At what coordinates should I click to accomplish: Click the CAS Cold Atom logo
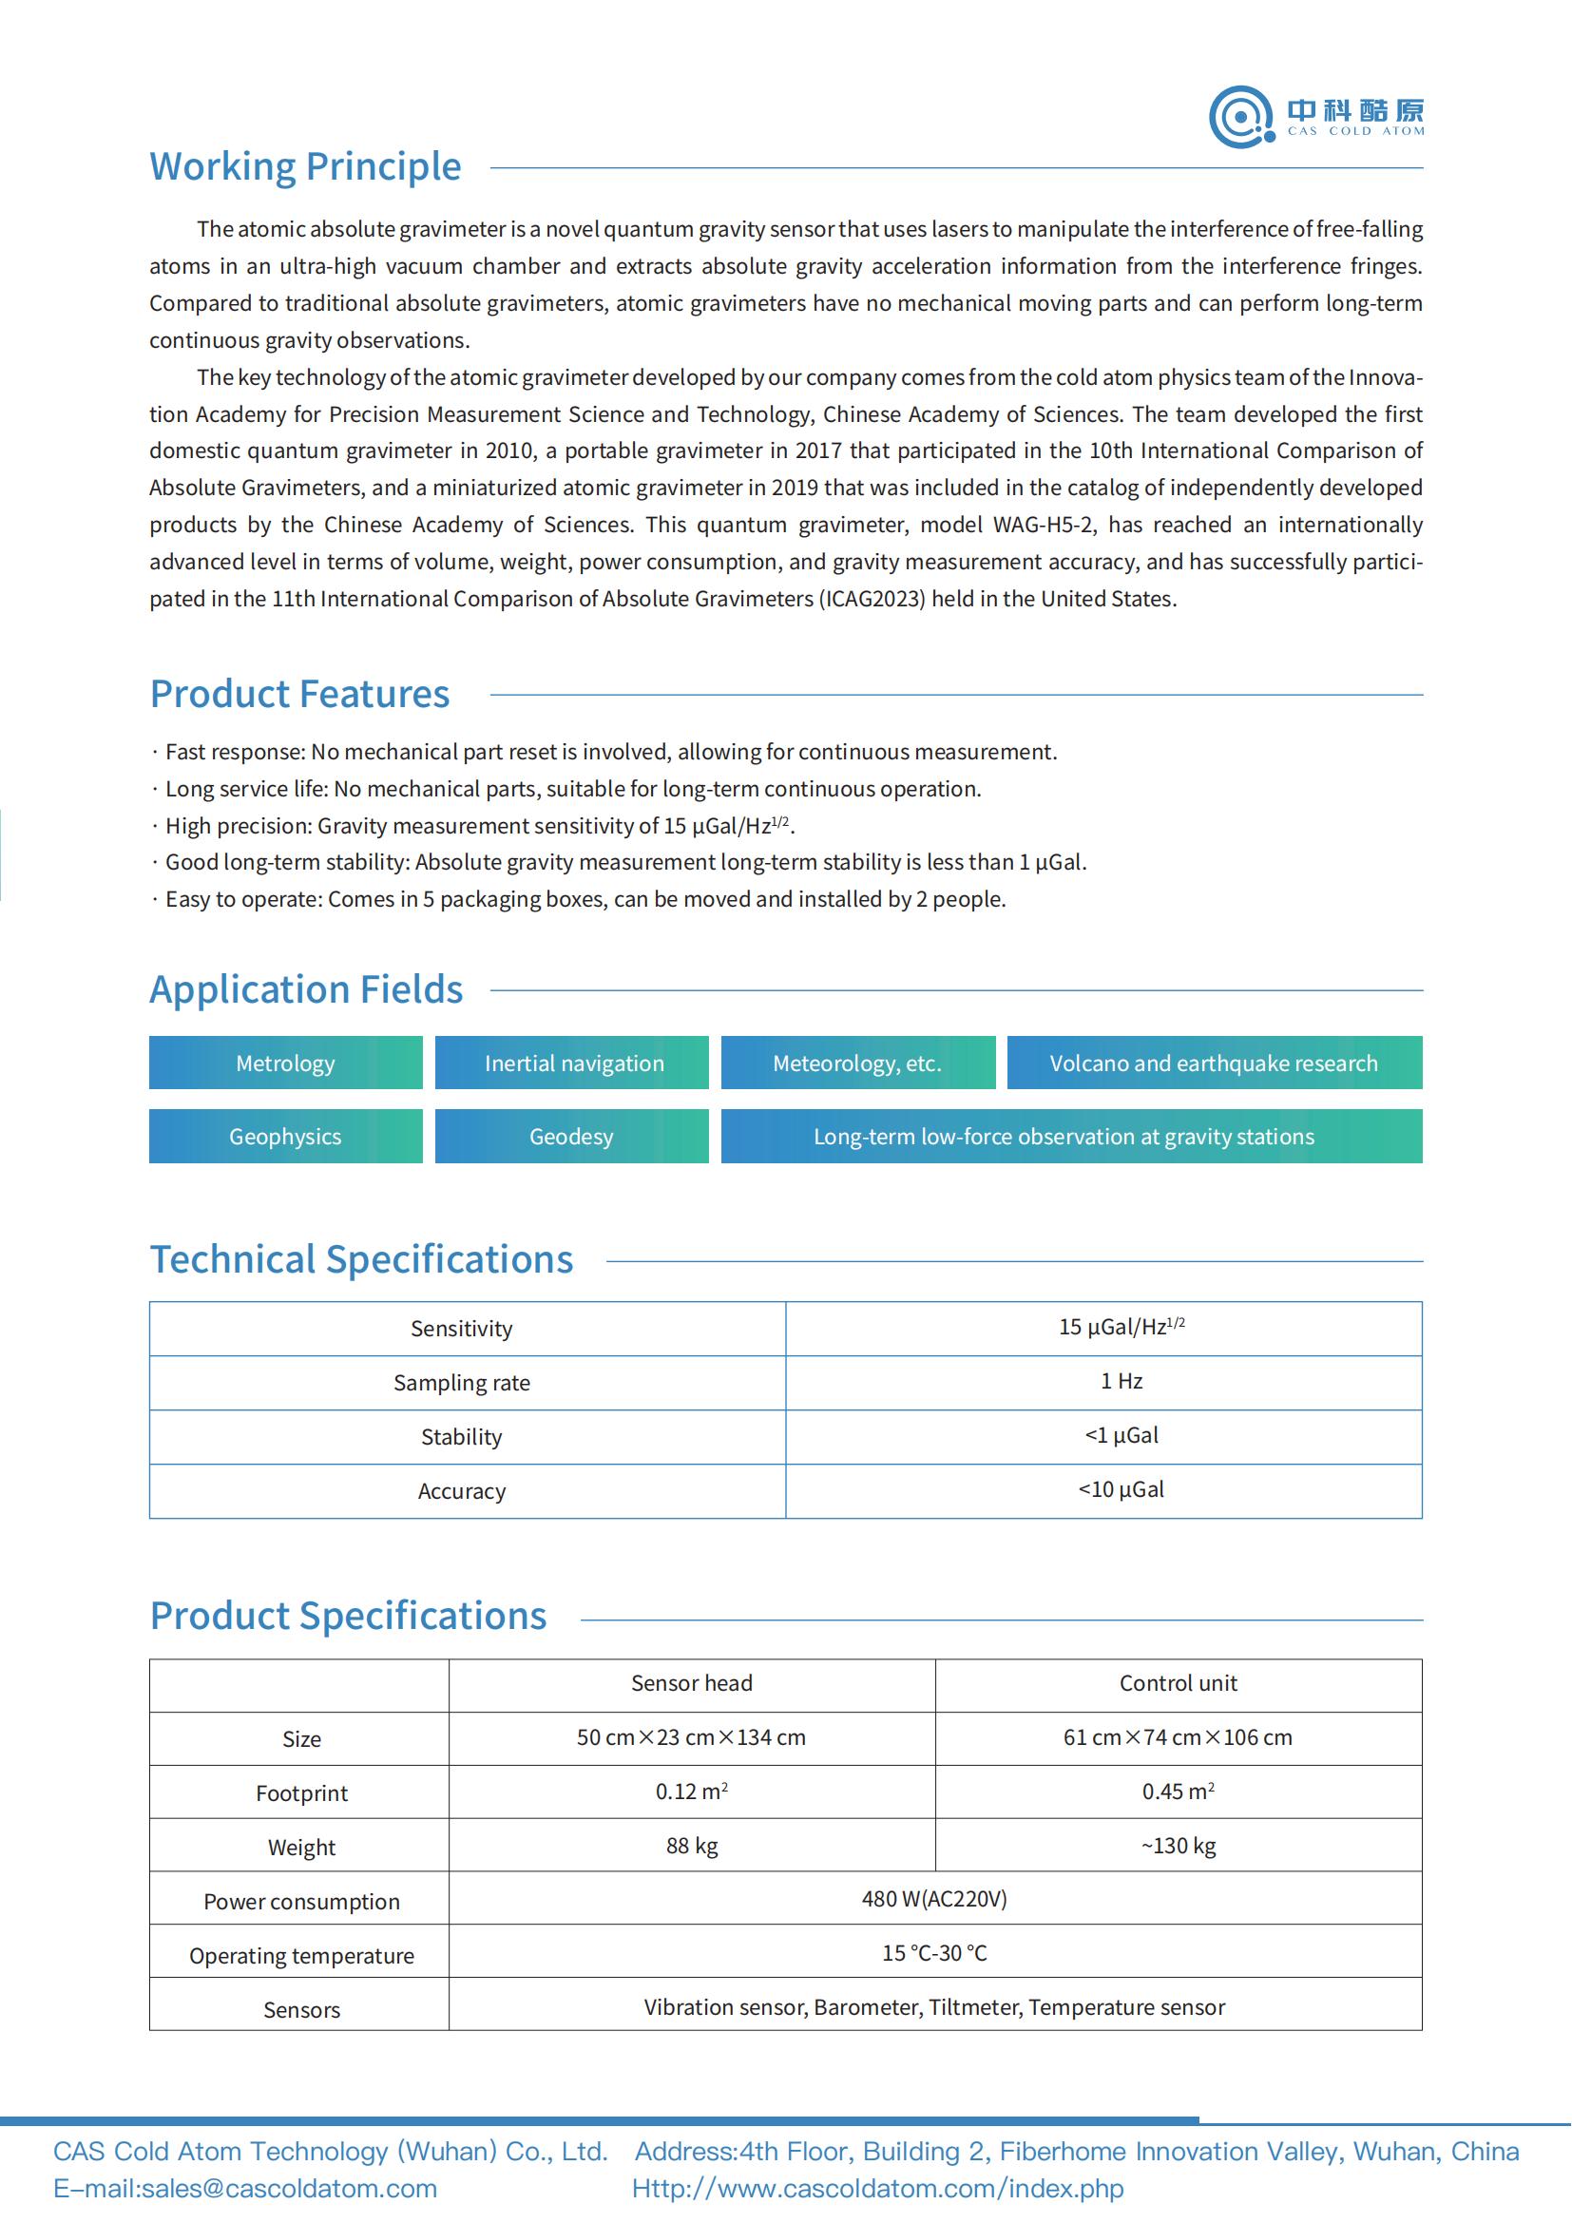pos(1315,117)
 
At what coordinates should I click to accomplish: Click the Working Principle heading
pos(305,166)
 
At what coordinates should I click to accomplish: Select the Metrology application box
pos(285,1064)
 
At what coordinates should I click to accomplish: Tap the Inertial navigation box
pos(573,1064)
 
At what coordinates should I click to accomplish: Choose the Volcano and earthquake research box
pos(1214,1064)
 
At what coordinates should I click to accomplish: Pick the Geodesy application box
pos(571,1137)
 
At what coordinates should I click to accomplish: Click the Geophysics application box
pos(285,1137)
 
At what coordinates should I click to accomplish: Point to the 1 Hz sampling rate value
pos(1121,1382)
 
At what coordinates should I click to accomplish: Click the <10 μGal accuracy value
pos(1121,1490)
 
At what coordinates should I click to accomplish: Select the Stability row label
pos(462,1437)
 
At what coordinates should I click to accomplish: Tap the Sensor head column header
pos(691,1684)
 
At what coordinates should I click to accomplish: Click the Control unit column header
pos(1178,1684)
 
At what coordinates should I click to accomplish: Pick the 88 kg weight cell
pos(691,1847)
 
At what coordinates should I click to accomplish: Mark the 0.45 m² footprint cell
pos(1178,1792)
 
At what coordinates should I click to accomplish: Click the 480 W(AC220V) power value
pos(934,1900)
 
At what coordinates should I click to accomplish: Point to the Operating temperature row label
pos(301,1956)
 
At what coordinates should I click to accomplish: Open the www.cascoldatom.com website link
pos(878,2189)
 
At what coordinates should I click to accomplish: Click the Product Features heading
pos(300,694)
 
